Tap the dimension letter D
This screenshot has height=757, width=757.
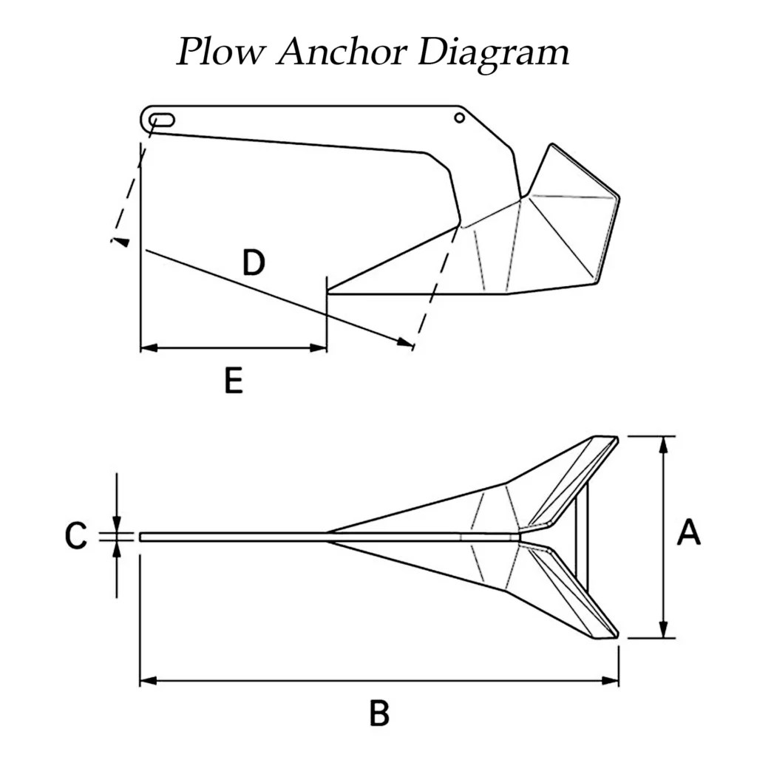pyautogui.click(x=254, y=262)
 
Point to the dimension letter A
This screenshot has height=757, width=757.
pyautogui.click(x=688, y=533)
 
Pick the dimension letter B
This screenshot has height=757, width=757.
pyautogui.click(x=378, y=713)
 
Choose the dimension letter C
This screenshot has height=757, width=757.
pyautogui.click(x=76, y=537)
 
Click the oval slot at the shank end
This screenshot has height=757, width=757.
pyautogui.click(x=162, y=120)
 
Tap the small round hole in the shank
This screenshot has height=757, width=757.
pyautogui.click(x=460, y=118)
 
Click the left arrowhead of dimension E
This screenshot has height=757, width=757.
pyautogui.click(x=146, y=347)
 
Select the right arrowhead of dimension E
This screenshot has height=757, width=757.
pyautogui.click(x=321, y=347)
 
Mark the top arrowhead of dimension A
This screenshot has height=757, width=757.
pyautogui.click(x=665, y=442)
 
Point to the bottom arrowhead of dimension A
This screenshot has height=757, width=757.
pyautogui.click(x=665, y=631)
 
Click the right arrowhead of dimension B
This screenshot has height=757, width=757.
pyautogui.click(x=613, y=680)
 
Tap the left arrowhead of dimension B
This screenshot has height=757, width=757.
pyautogui.click(x=146, y=680)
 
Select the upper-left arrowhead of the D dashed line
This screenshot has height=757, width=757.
pyautogui.click(x=119, y=241)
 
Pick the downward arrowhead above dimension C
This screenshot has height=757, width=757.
pyautogui.click(x=117, y=526)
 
